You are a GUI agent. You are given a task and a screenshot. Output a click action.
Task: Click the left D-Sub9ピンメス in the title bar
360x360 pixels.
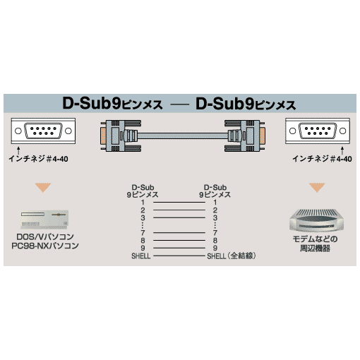click(112, 104)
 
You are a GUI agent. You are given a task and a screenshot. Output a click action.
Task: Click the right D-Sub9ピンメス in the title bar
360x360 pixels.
click(246, 104)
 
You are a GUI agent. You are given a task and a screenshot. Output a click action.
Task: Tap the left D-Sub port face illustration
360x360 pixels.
click(43, 131)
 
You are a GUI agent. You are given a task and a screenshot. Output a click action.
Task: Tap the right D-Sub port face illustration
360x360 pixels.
click(318, 131)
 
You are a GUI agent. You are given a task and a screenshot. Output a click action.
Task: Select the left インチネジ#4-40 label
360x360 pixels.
click(38, 159)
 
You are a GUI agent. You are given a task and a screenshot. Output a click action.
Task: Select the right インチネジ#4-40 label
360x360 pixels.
click(322, 159)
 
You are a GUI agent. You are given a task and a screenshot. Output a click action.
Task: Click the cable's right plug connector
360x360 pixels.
click(245, 136)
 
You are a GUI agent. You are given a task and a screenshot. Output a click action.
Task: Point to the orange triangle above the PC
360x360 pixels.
click(43, 188)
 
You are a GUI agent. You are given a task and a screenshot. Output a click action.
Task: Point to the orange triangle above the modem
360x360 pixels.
click(317, 188)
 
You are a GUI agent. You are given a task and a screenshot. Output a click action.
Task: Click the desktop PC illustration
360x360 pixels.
click(44, 220)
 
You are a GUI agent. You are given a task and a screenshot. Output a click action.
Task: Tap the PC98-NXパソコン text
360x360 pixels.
click(45, 246)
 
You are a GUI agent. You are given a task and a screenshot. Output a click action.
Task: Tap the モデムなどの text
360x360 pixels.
click(315, 239)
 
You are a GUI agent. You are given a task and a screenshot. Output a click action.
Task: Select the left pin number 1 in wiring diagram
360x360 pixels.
click(143, 203)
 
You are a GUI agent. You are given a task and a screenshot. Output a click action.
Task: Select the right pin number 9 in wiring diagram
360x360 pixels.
click(215, 248)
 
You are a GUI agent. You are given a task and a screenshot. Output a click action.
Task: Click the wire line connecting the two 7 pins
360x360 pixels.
click(179, 233)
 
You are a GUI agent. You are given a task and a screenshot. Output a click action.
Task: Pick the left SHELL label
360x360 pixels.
click(141, 256)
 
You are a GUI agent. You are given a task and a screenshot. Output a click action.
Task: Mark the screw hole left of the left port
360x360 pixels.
click(18, 131)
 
